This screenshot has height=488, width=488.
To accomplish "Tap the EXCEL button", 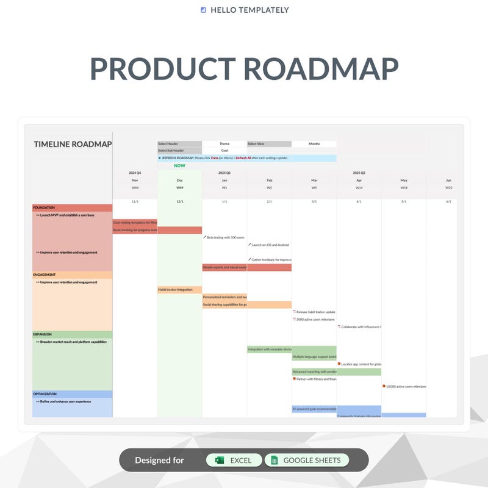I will [234, 461].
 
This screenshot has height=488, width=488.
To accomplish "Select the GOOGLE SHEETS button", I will [306, 461].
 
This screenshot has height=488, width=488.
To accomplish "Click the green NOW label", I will [179, 165].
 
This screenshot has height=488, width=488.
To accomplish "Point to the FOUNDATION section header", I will [72, 208].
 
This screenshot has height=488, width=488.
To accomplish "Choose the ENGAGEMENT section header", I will [72, 275].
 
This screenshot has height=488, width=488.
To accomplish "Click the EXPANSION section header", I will [72, 334].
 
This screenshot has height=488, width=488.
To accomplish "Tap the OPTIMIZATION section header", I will [72, 394].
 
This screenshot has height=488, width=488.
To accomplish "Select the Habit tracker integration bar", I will [179, 290].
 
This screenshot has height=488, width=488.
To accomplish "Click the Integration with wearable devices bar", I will [269, 350].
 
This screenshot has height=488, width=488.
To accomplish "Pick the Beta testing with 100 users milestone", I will [225, 237].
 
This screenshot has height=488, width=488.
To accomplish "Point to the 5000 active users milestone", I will [315, 319].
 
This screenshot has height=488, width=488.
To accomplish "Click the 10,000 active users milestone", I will [404, 386].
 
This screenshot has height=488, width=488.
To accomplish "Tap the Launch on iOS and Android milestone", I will [270, 245].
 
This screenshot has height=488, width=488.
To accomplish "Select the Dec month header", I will [179, 181].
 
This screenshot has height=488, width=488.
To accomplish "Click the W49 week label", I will [179, 188].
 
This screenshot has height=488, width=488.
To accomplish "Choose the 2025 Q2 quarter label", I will [359, 173].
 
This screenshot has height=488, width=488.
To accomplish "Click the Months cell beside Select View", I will [314, 144].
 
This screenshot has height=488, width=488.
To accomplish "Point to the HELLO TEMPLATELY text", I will [249, 10].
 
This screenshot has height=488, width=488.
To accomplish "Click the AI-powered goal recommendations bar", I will [314, 409].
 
